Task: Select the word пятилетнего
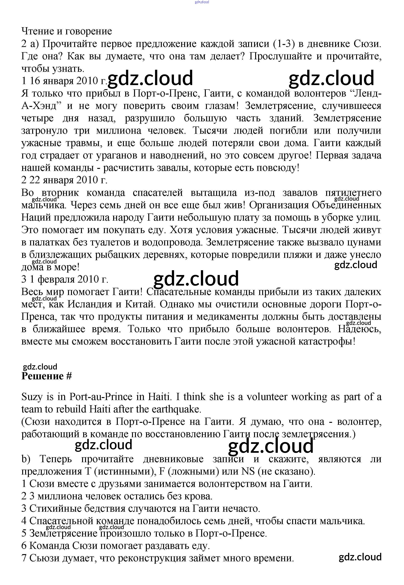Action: coord(353,193)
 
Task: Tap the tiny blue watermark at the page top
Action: coord(202,2)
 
